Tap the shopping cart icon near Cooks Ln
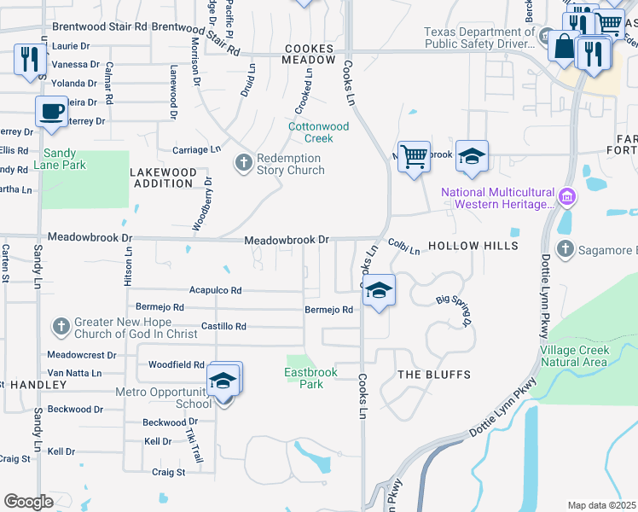pyautogui.click(x=414, y=156)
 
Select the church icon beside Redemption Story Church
pyautogui.click(x=243, y=162)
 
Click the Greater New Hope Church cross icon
pyautogui.click(x=60, y=326)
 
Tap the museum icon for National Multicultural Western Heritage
pyautogui.click(x=566, y=198)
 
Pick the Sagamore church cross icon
pyautogui.click(x=564, y=249)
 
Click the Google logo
pyautogui.click(x=29, y=502)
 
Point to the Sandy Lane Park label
pyautogui.click(x=60, y=159)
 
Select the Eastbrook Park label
pyautogui.click(x=310, y=378)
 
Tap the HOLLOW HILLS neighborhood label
pyautogui.click(x=473, y=246)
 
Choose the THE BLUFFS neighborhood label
pyautogui.click(x=434, y=375)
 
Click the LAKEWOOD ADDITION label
pyautogui.click(x=162, y=177)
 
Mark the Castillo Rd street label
pyautogui.click(x=223, y=326)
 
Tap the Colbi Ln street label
pyautogui.click(x=404, y=247)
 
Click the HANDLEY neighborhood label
pyautogui.click(x=33, y=385)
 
